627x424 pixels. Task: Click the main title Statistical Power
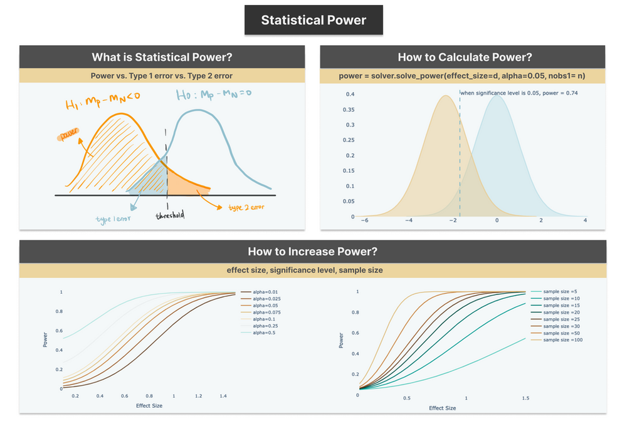coord(313,20)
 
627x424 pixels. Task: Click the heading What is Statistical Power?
coord(162,57)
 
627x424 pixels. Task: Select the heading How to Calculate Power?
coord(465,57)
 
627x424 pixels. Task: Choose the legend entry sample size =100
coord(562,339)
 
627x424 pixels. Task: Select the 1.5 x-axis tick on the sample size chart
coord(525,398)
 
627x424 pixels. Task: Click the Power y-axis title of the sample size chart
coord(341,340)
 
